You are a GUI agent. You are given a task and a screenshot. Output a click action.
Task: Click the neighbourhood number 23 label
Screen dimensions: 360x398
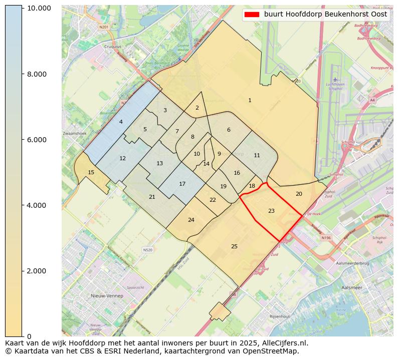click(271, 211)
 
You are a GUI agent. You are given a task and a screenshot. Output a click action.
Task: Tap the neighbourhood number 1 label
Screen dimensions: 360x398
click(250, 101)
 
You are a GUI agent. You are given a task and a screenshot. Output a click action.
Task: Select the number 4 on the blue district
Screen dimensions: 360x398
click(121, 122)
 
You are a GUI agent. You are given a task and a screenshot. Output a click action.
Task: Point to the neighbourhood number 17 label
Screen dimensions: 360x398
click(182, 184)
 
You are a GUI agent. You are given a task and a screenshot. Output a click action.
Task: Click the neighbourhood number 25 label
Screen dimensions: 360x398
click(234, 246)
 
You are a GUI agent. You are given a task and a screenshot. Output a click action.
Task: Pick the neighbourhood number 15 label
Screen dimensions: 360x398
click(91, 172)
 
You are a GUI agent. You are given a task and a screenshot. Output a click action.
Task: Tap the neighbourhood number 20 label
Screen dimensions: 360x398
click(299, 194)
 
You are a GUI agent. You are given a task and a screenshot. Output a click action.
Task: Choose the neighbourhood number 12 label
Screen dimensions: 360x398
click(122, 158)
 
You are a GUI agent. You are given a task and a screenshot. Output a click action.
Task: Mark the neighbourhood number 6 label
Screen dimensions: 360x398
click(229, 130)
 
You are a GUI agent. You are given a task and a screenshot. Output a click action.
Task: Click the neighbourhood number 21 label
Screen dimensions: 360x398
click(152, 197)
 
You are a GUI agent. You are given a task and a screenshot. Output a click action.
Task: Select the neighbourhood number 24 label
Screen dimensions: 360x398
click(191, 220)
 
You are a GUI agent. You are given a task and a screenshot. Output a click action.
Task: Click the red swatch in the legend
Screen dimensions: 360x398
click(252, 15)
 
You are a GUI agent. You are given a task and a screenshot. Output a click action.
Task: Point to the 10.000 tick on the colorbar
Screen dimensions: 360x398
click(39, 9)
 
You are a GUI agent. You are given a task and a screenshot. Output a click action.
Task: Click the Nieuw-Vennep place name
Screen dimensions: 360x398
click(107, 296)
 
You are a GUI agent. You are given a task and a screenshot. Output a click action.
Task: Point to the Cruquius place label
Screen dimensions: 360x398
click(112, 47)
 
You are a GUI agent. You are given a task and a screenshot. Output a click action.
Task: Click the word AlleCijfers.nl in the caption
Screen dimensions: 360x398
click(283, 343)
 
